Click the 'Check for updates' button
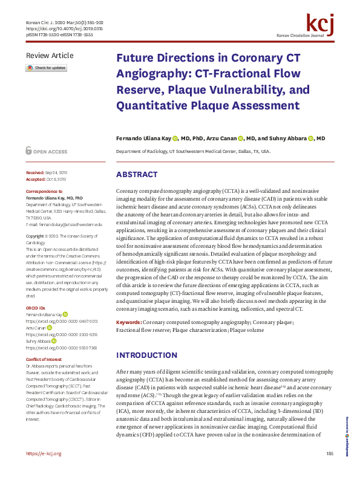point(46,68)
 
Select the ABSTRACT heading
point(137,175)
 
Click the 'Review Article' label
point(50,56)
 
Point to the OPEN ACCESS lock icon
point(28,151)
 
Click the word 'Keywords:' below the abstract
point(129,323)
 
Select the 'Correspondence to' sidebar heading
point(45,192)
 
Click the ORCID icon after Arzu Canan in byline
point(240,138)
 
